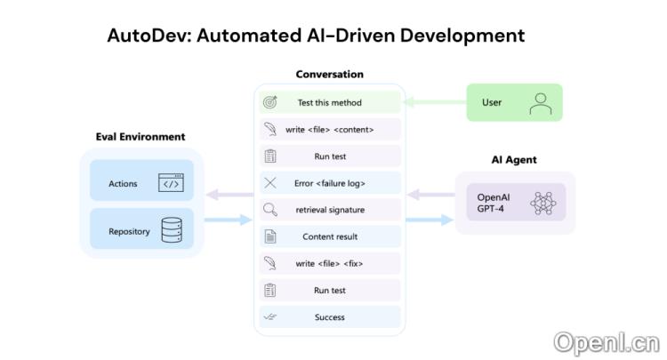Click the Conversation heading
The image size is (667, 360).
[329, 75]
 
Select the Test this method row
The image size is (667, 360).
[329, 102]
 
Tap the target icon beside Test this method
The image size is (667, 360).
[270, 102]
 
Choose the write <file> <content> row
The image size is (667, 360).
[329, 130]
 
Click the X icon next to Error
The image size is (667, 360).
[270, 183]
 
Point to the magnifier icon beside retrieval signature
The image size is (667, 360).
[270, 210]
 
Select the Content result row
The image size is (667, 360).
[329, 237]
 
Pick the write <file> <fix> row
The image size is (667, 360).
[329, 264]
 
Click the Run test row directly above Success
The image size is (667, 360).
[329, 291]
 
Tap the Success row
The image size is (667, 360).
[329, 317]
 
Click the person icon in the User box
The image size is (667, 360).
[540, 102]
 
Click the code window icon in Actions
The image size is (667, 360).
[171, 183]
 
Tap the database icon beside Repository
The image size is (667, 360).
[172, 231]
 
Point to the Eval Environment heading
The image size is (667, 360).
[141, 137]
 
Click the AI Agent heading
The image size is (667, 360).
[514, 160]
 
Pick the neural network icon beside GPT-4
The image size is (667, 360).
[542, 203]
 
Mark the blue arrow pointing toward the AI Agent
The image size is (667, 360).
[430, 220]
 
